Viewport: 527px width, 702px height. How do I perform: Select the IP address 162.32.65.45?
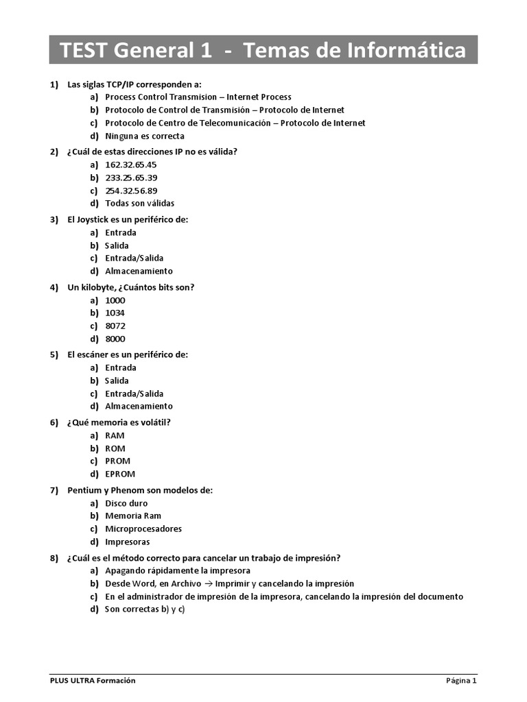point(131,165)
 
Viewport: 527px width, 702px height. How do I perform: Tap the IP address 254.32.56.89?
point(131,191)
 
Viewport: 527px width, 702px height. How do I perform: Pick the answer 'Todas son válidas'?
point(139,204)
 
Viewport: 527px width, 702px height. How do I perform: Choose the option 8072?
point(115,326)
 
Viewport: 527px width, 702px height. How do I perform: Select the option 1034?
point(115,313)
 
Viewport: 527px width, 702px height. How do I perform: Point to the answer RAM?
point(115,435)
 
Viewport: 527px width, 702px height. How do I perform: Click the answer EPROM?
point(120,474)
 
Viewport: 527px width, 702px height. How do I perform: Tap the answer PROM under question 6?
point(117,461)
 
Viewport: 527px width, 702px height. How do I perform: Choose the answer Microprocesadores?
point(143,529)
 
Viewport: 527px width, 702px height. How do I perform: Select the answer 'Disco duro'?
point(126,503)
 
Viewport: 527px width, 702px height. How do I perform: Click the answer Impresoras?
point(127,542)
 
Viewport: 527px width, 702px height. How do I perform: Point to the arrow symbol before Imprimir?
point(208,583)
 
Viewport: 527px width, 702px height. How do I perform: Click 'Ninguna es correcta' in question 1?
point(145,136)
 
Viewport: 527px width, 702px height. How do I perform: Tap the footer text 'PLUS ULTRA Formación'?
point(93,680)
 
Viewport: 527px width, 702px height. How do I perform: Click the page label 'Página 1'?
point(461,680)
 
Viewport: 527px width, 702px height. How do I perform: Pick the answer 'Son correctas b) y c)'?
point(145,609)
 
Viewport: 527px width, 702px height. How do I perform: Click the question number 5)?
point(54,354)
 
